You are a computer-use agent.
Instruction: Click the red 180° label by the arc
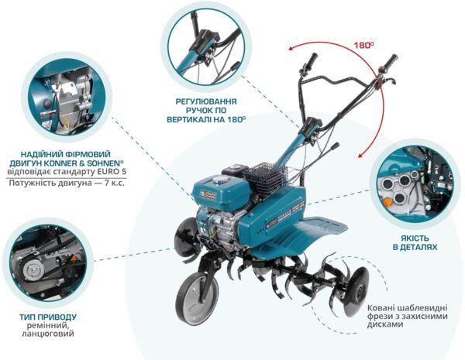tap(363, 46)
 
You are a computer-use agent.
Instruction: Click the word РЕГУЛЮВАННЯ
tap(206, 101)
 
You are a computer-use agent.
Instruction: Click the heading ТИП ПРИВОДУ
tap(48, 317)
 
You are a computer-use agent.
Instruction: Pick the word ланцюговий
tap(48, 334)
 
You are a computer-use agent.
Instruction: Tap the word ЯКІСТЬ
tap(415, 238)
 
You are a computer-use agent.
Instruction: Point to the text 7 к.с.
tap(115, 183)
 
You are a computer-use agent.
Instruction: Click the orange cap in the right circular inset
tap(387, 202)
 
